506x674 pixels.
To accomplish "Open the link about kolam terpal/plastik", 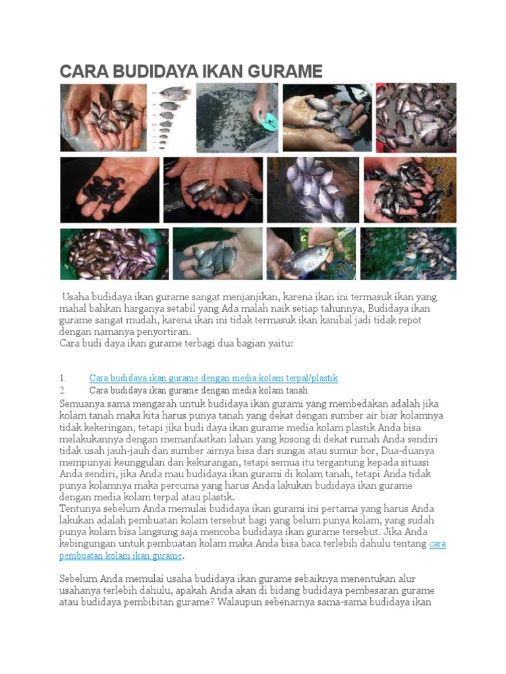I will pyautogui.click(x=213, y=378).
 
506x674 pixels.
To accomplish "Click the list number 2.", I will pyautogui.click(x=63, y=390).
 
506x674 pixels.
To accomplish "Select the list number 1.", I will pyautogui.click(x=63, y=378).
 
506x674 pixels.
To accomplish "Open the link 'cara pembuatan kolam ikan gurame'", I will pyautogui.click(x=121, y=556).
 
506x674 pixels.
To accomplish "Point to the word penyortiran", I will pyautogui.click(x=158, y=332).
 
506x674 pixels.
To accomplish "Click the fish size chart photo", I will pyautogui.click(x=171, y=118).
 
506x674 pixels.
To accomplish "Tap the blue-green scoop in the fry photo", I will pyautogui.click(x=267, y=120).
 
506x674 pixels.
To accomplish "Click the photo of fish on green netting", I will pyautogui.click(x=408, y=254).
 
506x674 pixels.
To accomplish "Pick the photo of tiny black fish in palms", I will pyautogui.click(x=109, y=190).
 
